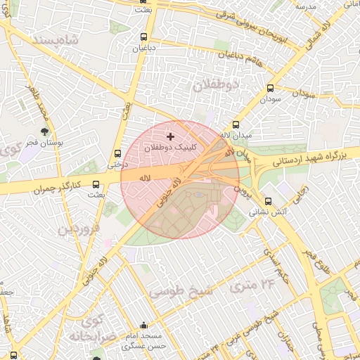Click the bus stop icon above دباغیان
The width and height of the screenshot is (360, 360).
[144, 37]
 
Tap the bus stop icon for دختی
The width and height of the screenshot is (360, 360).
[117, 154]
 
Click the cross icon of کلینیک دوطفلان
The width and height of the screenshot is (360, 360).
[169, 136]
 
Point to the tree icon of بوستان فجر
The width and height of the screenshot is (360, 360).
[45, 131]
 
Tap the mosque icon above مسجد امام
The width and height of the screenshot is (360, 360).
[144, 326]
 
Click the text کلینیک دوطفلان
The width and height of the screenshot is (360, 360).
[171, 148]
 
